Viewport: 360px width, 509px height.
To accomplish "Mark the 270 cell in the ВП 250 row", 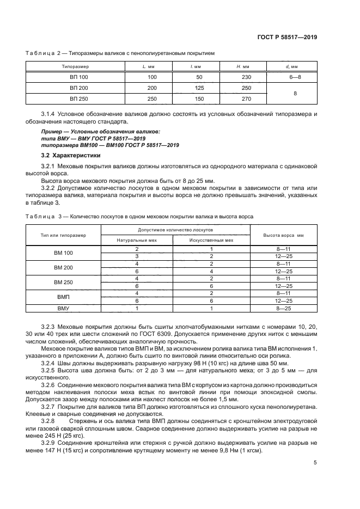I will click(x=246, y=99).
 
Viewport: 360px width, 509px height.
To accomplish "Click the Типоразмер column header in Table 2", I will click(x=71, y=66).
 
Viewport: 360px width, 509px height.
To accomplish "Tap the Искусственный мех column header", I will click(x=211, y=240).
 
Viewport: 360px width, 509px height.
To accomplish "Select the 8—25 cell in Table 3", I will click(x=284, y=309).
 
